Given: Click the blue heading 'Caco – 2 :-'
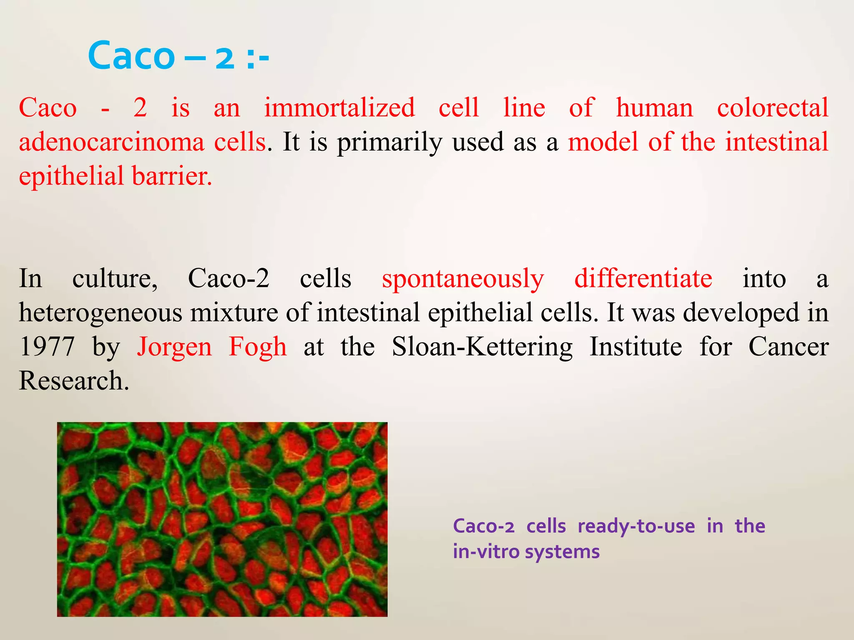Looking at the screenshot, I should coord(178,56).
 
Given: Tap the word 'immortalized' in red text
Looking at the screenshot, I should coord(339,108).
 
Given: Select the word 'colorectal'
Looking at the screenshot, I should coord(772,108).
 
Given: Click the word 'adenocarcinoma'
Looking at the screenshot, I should coord(112,142).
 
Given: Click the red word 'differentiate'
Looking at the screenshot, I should coord(643,278).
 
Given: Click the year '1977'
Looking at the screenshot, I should coord(47,347).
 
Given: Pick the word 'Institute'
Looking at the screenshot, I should coord(635,347).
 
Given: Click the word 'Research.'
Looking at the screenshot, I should coord(74,381).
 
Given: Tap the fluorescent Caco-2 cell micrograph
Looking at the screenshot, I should coord(222,519).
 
